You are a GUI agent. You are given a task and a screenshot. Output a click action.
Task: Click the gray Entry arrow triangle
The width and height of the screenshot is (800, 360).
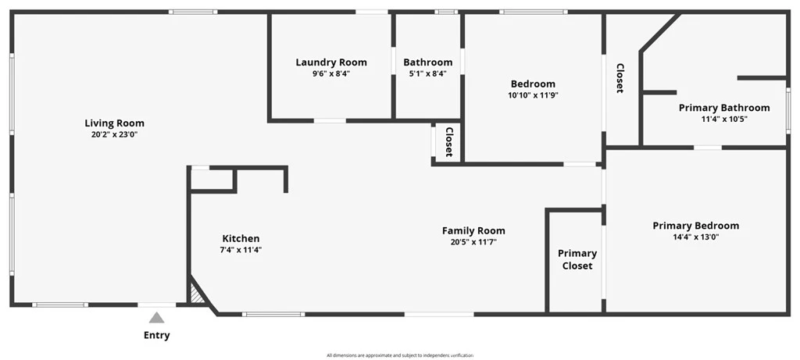click(156, 318)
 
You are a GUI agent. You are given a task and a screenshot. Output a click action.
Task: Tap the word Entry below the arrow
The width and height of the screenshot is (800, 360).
click(156, 336)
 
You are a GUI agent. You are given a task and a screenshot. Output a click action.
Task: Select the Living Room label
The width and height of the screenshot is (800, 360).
click(114, 123)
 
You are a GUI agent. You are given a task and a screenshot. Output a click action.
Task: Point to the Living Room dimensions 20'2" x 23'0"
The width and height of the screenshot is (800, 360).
click(114, 134)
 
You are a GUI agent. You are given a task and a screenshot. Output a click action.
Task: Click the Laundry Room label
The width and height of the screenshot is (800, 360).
click(331, 62)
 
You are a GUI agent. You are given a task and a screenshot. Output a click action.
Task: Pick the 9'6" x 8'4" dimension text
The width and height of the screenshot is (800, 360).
click(331, 73)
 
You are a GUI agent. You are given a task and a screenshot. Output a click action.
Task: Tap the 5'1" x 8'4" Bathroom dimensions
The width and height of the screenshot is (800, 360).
click(427, 73)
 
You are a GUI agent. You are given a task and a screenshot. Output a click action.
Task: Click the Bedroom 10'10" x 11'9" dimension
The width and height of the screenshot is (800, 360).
click(533, 94)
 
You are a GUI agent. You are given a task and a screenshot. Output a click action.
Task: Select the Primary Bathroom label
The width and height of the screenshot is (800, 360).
click(724, 108)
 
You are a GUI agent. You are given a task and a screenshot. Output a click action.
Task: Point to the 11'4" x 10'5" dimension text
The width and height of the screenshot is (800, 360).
click(724, 119)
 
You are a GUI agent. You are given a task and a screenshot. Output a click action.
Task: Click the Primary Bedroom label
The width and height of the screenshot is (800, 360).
click(696, 226)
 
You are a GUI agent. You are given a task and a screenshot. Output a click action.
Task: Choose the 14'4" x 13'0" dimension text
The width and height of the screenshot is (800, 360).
click(696, 237)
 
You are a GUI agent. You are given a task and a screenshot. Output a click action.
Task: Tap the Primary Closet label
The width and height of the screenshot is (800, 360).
click(577, 259)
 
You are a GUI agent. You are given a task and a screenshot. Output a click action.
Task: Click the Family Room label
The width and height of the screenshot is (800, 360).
click(473, 230)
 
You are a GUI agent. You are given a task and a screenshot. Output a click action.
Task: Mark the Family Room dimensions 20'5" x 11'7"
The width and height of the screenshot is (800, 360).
click(473, 242)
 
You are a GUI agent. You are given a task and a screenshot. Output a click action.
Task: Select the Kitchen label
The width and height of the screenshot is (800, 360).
click(241, 238)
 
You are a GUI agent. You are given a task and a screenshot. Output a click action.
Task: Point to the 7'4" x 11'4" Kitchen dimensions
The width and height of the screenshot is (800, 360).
click(241, 250)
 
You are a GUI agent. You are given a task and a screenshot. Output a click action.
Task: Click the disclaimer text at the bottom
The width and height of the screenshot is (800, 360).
click(400, 355)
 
